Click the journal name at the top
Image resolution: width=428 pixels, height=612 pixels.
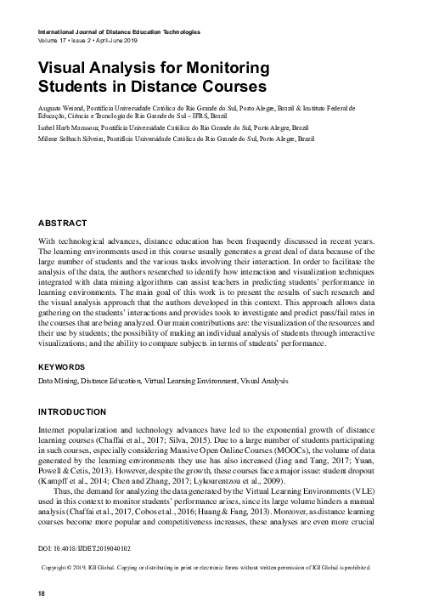click(x=117, y=31)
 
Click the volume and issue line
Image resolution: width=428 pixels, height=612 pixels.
click(x=87, y=39)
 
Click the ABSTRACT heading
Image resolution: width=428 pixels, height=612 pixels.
click(x=62, y=223)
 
